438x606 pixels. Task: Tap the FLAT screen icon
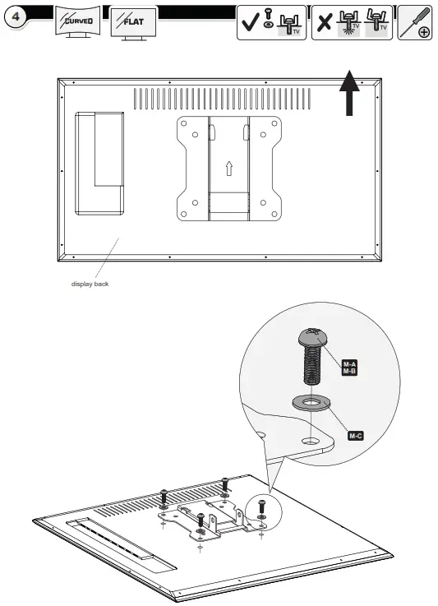click(133, 21)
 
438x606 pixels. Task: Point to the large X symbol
click(325, 23)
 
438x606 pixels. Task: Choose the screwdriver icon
click(414, 22)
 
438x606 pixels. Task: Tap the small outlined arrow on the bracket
click(229, 167)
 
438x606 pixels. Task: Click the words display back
click(90, 284)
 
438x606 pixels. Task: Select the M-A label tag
click(349, 363)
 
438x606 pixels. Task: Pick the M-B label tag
click(349, 372)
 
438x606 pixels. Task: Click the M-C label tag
click(355, 435)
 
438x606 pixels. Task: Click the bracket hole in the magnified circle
click(310, 442)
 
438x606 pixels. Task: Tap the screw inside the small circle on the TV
click(261, 509)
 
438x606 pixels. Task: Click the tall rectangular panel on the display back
click(99, 162)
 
